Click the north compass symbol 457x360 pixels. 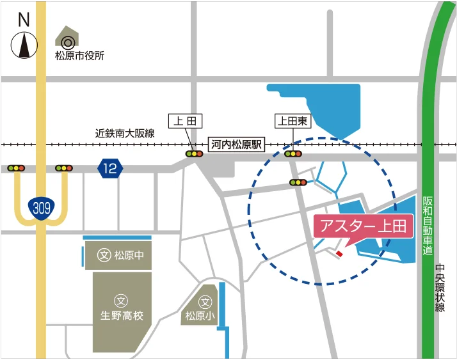(24, 44)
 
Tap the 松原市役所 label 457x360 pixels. (79, 56)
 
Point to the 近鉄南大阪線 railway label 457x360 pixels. (125, 134)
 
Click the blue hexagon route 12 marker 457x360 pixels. (110, 168)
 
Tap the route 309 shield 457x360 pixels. (42, 206)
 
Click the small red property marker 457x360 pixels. (339, 254)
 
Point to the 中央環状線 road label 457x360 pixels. (440, 288)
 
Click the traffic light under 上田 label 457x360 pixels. (194, 154)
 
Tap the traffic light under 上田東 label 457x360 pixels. (293, 153)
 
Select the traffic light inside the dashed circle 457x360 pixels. (298, 183)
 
